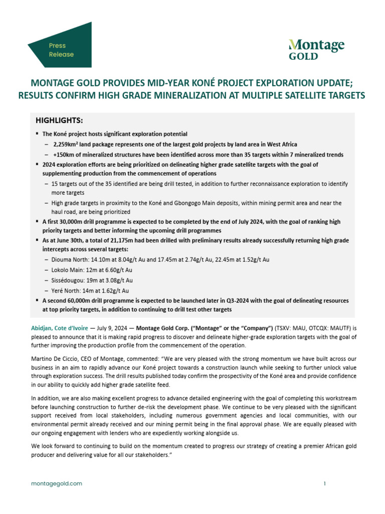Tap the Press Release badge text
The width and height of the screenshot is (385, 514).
click(61, 50)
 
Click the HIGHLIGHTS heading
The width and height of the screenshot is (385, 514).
click(59, 121)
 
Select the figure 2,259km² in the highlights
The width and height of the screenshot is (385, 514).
click(68, 144)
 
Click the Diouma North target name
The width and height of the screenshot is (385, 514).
click(71, 260)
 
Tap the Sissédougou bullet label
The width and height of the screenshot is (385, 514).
click(68, 280)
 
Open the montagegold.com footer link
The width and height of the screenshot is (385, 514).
click(56, 483)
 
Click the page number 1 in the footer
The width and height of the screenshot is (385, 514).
click(325, 483)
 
